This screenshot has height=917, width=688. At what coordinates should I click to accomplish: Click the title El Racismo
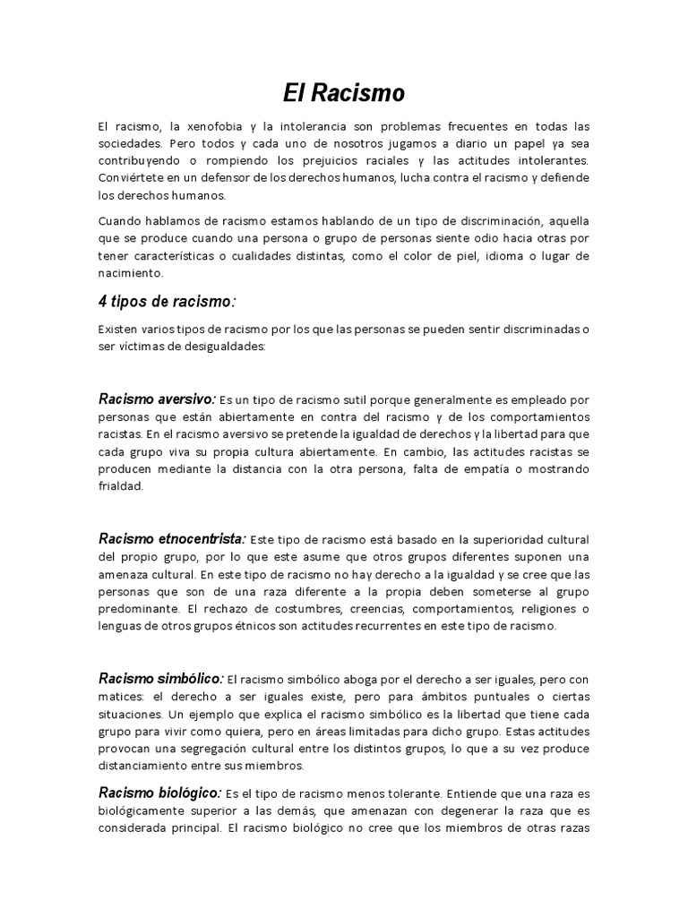point(343,91)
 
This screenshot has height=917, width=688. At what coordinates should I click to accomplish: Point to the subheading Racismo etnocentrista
point(172,538)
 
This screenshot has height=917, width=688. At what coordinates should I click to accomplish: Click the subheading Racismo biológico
point(159,793)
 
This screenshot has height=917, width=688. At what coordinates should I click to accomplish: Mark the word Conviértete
point(129,178)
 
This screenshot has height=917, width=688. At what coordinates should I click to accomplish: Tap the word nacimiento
point(131,273)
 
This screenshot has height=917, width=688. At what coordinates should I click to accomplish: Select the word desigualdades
point(219,347)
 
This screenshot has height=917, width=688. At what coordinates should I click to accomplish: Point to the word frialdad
point(120,487)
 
